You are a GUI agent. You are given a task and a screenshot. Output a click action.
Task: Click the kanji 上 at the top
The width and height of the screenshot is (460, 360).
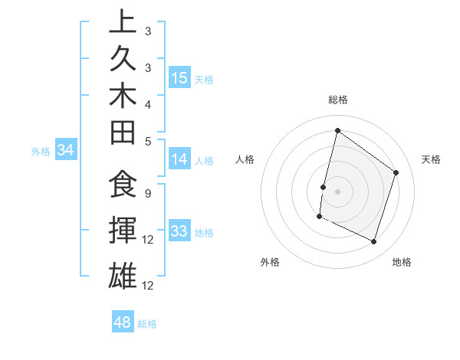click(x=123, y=21)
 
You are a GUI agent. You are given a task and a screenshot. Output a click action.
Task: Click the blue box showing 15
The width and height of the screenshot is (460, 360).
click(x=179, y=77)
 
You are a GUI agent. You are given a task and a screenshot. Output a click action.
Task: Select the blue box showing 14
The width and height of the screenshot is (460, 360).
click(x=179, y=159)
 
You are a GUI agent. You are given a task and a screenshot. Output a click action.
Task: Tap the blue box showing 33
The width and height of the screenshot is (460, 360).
click(x=179, y=231)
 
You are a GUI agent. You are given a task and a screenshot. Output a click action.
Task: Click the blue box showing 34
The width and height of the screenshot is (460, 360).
click(x=66, y=151)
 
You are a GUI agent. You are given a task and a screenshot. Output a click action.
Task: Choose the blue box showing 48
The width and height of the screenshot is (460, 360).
click(x=123, y=322)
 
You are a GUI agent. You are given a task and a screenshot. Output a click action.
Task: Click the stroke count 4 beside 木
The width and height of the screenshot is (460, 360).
click(x=147, y=104)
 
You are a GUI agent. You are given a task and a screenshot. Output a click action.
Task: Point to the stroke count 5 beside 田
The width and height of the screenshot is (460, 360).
click(x=147, y=141)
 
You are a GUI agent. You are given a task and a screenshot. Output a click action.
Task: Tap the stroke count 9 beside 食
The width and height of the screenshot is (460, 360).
click(x=147, y=194)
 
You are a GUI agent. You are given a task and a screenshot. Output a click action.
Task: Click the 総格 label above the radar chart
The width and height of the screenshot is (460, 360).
click(x=337, y=100)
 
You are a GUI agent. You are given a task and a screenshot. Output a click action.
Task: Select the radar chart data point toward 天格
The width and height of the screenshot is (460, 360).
click(x=396, y=172)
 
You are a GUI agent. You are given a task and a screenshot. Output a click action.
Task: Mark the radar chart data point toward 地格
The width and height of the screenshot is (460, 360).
click(x=374, y=242)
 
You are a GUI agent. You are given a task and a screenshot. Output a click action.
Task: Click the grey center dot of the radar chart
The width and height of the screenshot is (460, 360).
click(x=337, y=191)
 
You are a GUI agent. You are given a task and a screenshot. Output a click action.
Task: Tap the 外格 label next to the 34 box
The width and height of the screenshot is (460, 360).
click(x=41, y=152)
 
